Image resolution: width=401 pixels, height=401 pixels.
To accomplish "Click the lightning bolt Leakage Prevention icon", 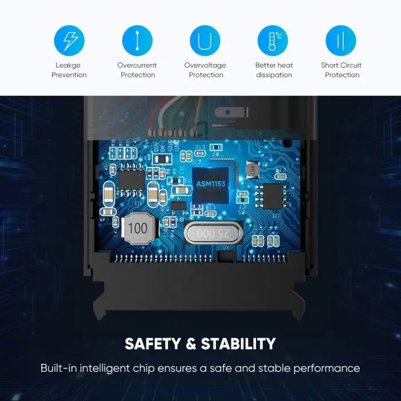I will click(x=69, y=40).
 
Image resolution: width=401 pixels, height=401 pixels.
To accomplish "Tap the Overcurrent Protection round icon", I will click(x=137, y=40).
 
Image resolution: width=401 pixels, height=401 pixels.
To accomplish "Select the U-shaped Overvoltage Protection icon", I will click(x=205, y=40).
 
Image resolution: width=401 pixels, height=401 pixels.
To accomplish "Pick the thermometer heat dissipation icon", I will click(x=273, y=40).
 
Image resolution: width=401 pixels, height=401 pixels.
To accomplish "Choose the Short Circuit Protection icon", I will click(x=341, y=40).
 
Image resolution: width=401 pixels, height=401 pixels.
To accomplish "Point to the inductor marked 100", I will click(x=137, y=228).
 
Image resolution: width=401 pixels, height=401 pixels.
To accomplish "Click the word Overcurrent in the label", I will click(x=137, y=65).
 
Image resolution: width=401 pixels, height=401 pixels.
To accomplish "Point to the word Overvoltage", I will click(x=205, y=65).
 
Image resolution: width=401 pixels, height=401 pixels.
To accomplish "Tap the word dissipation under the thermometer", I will click(x=274, y=75).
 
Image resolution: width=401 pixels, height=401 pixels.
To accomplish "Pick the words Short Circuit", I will click(x=341, y=65).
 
